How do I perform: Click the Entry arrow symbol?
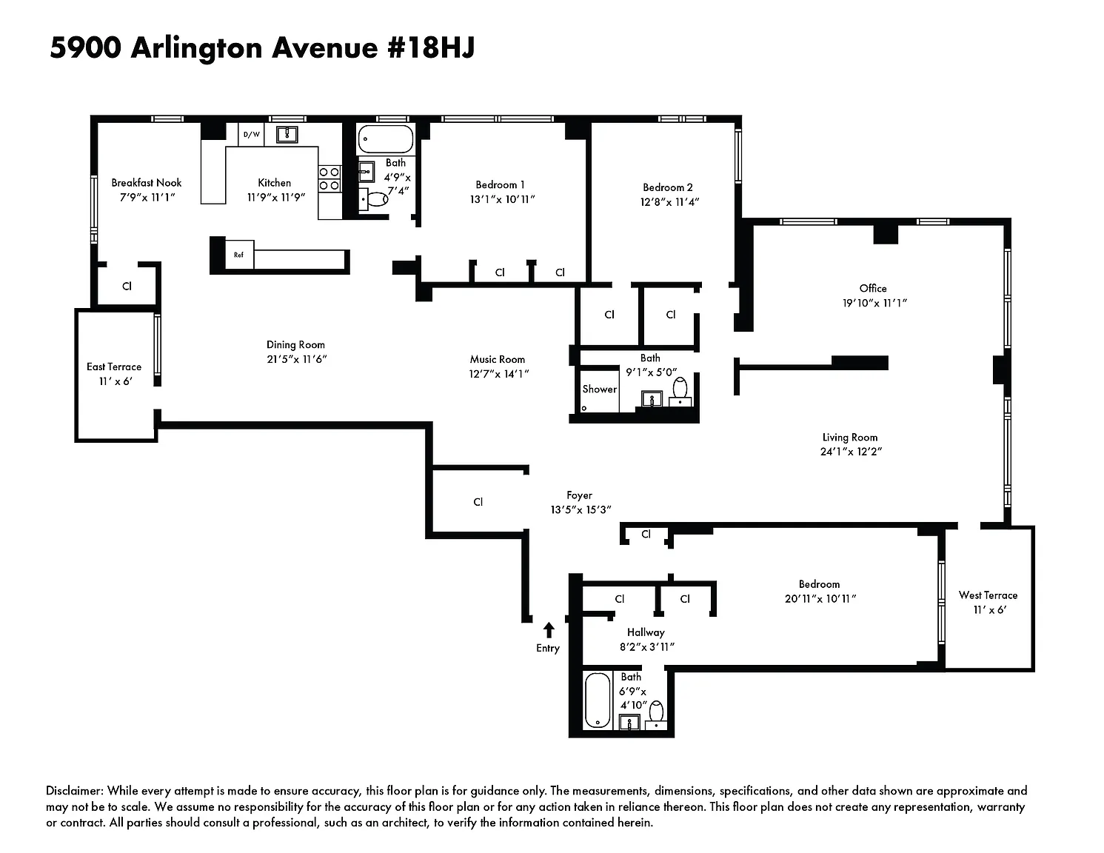coord(548,630)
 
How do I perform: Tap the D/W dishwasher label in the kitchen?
coord(252,135)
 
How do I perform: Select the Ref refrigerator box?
coord(238,255)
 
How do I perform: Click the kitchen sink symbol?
coord(287,135)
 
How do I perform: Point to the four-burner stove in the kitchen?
coord(329,179)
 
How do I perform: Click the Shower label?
coord(600,389)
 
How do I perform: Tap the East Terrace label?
coord(114,367)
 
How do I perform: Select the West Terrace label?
coord(988,595)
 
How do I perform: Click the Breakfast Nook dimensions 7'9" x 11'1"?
coord(147,197)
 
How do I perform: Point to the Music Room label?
coord(497,360)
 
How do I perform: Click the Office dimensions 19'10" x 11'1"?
coord(874,304)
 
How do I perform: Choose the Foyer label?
coord(579,495)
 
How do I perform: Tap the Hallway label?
coord(646,632)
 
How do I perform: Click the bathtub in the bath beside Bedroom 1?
coord(386,138)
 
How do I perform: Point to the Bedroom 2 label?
coord(668,187)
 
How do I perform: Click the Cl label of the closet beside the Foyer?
coord(478,502)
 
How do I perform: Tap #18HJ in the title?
coord(431,48)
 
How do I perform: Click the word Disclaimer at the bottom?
coord(75,791)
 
